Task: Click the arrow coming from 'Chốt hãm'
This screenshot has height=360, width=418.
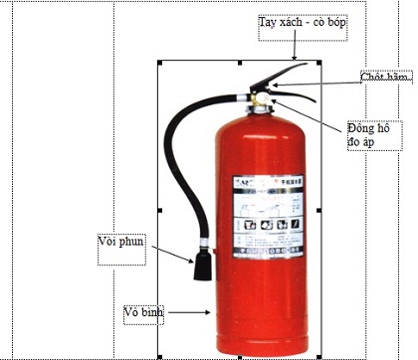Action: click(x=318, y=86)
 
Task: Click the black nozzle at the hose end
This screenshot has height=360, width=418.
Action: click(x=203, y=265)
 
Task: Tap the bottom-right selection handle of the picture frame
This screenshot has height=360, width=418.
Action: click(x=317, y=357)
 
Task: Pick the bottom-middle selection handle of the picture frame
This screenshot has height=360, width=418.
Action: click(x=239, y=357)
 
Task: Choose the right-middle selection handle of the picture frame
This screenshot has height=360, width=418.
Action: click(x=317, y=211)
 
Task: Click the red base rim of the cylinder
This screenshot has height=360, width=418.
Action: click(x=257, y=347)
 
